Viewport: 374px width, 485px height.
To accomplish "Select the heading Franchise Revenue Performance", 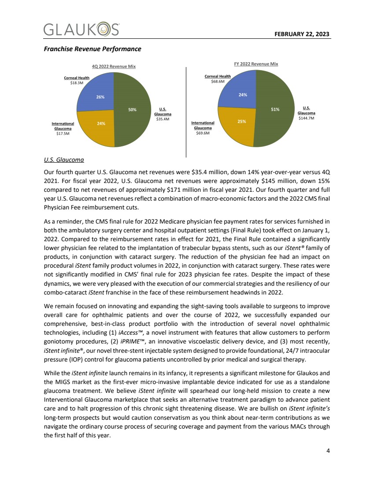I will [x=92, y=48].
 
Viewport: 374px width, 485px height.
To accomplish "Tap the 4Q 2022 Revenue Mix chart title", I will [x=114, y=66].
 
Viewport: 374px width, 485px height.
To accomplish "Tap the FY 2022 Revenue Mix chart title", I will [x=256, y=64].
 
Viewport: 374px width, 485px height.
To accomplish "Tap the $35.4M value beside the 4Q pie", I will [x=163, y=119].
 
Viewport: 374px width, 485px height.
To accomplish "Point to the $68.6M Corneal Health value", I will [x=218, y=81].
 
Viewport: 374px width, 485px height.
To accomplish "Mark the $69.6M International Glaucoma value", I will [x=203, y=133].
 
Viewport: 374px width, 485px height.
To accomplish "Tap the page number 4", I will [x=327, y=451].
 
